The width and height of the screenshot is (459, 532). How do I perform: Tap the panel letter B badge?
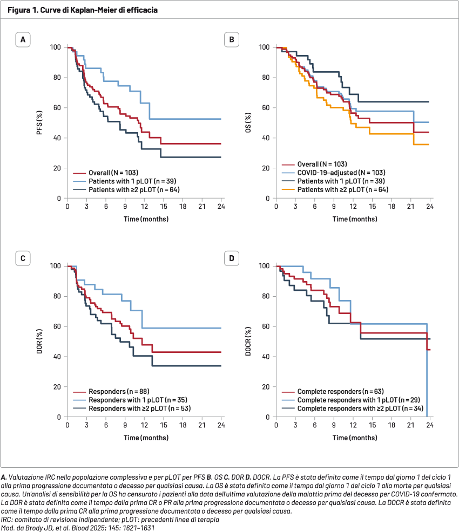(232, 40)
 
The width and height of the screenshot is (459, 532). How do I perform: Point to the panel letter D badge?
(232, 258)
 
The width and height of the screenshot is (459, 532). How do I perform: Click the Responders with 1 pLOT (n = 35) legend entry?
(131, 400)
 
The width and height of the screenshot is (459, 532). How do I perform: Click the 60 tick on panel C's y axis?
(57, 326)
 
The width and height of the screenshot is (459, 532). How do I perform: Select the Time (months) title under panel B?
(355, 219)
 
